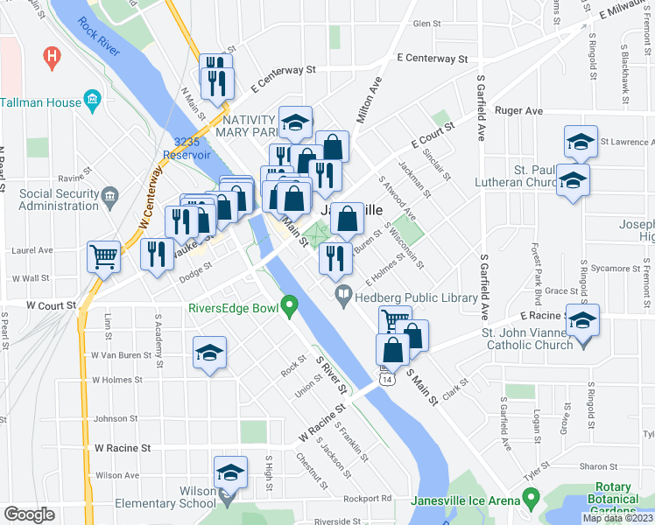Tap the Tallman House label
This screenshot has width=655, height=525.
pos(40,102)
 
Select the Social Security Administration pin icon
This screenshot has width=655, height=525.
pos(109,193)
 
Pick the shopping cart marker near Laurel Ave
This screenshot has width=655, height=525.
pos(103,256)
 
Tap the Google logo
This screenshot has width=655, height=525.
pos(29,514)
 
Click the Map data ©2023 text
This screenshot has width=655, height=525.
pos(617,518)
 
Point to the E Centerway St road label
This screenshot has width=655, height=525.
pos(432,59)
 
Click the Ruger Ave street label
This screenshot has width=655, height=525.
pos(519,111)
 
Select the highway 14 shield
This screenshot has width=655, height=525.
pos(386,378)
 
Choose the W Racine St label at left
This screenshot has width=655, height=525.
pos(123,447)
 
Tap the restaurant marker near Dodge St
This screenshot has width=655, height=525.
pos(157,254)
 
